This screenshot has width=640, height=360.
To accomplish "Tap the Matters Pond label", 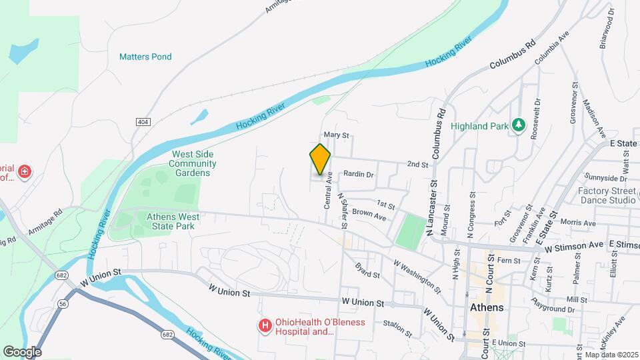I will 145,57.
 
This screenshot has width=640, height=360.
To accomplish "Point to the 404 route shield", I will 142,122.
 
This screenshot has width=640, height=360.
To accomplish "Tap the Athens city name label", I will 487,308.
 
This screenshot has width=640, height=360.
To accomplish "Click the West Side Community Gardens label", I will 192,163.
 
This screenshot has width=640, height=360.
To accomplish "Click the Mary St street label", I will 336,135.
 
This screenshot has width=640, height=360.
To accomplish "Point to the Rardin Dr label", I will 358,175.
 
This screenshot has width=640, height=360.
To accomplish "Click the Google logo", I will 22,351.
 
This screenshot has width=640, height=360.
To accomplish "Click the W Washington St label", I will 417,277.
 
